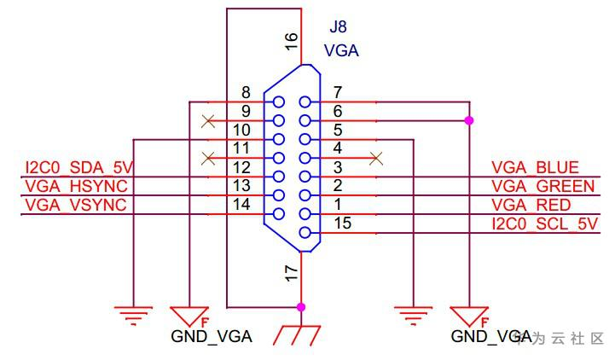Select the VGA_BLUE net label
(536, 168)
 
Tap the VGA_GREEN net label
(542, 187)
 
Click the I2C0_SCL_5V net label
(546, 224)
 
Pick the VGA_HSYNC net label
(76, 187)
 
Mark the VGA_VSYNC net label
(76, 206)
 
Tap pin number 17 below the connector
(292, 273)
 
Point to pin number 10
(241, 131)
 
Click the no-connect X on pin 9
(206, 120)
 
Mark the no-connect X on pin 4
(376, 158)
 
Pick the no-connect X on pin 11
(206, 158)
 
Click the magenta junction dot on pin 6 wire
(468, 120)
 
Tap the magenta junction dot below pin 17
(300, 306)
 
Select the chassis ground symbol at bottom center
(298, 334)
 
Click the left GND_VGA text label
(212, 337)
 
